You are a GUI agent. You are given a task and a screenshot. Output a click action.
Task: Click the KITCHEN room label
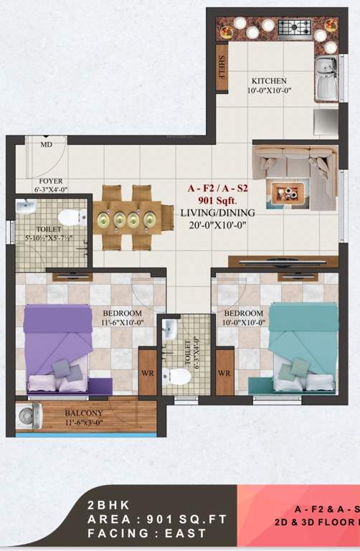(269, 81)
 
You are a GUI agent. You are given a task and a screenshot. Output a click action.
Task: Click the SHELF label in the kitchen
(222, 67)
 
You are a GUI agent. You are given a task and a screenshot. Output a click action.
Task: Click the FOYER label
(51, 181)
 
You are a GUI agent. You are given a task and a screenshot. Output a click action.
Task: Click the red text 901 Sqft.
(218, 201)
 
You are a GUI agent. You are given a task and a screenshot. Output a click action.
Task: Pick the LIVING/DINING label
(218, 212)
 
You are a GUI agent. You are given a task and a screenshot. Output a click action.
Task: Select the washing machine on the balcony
(28, 417)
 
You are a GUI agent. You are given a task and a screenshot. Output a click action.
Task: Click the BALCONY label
(84, 413)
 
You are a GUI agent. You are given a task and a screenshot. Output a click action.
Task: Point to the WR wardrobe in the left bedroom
(148, 373)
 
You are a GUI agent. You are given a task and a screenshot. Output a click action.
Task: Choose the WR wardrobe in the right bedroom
(224, 373)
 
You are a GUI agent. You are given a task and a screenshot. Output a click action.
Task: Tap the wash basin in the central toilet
(169, 330)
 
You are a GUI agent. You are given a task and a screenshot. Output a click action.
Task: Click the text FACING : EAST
(147, 534)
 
